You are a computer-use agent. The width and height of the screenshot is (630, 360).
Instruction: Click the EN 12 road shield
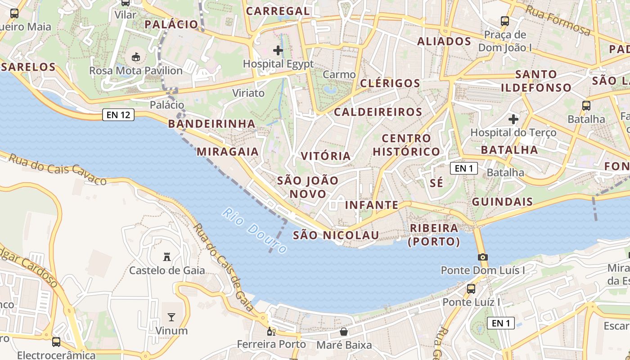click(118, 115)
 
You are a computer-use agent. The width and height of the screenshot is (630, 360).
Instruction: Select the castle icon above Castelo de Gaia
click(167, 257)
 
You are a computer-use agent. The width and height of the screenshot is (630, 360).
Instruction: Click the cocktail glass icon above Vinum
click(171, 317)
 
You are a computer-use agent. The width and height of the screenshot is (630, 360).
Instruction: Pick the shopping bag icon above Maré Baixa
click(344, 332)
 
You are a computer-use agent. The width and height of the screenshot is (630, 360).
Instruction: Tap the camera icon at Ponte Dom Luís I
click(483, 257)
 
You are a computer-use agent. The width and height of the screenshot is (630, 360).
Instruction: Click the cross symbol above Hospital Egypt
click(278, 50)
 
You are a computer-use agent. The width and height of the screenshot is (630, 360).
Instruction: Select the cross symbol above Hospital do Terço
click(513, 119)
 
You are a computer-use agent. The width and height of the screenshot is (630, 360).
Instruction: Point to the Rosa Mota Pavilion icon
click(135, 57)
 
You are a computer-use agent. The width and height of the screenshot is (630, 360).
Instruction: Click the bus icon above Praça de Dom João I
click(505, 21)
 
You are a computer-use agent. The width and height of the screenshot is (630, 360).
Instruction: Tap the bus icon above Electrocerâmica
click(56, 342)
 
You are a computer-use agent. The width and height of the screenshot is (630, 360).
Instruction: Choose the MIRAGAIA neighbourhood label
click(228, 152)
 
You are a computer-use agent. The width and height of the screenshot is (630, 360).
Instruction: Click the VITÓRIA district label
click(325, 156)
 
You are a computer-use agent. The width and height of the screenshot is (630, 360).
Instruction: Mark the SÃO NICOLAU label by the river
click(336, 235)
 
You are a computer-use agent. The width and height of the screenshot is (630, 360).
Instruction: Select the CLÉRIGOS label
click(390, 83)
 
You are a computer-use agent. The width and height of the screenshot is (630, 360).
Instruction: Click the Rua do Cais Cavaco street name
click(58, 169)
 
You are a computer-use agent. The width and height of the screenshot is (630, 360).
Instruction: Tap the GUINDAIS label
click(502, 202)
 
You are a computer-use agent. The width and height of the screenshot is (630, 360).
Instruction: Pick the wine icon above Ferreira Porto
click(271, 332)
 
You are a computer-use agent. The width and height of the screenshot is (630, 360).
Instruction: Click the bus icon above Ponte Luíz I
click(471, 288)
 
